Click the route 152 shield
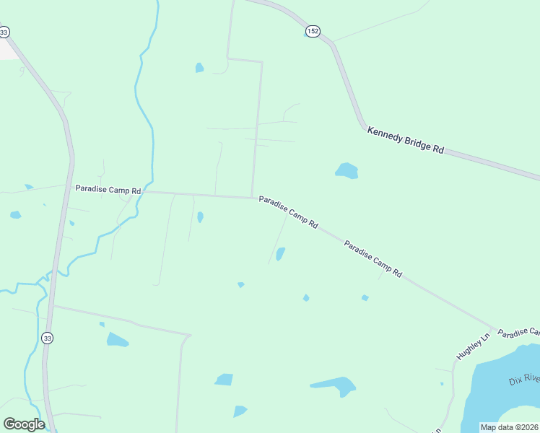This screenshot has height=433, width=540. click(312, 31)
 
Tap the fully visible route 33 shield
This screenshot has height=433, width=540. click(47, 338)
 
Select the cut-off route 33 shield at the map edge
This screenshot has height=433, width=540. click(4, 32)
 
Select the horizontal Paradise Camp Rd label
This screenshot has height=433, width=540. click(108, 189)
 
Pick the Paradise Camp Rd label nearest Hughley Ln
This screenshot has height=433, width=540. click(373, 260)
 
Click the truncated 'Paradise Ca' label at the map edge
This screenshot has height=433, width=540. click(519, 333)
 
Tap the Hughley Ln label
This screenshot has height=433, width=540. click(473, 347)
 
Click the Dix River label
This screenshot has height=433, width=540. click(524, 380)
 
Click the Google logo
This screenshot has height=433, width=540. click(24, 424)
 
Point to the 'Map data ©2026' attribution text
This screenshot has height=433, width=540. click(509, 427)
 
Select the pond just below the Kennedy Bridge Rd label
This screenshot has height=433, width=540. click(347, 171)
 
